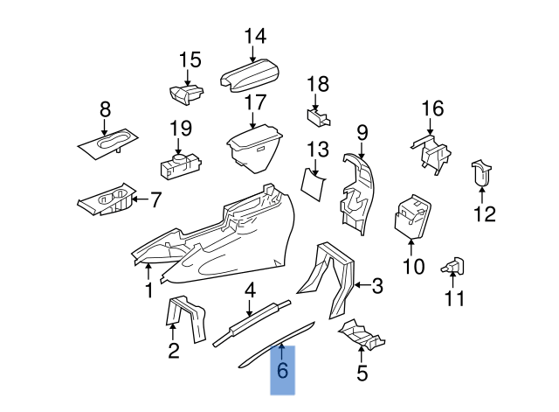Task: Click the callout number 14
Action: pos(254,37)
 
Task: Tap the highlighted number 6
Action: pos(281,371)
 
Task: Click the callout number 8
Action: pos(106,110)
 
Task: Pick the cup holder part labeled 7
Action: pos(107,201)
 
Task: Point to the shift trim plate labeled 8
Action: pos(110,144)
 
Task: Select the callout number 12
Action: pos(484,213)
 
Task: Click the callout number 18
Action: pos(318,85)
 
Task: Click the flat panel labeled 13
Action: pos(315,181)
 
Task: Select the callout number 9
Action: pos(362,133)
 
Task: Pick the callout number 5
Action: pos(362,375)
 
